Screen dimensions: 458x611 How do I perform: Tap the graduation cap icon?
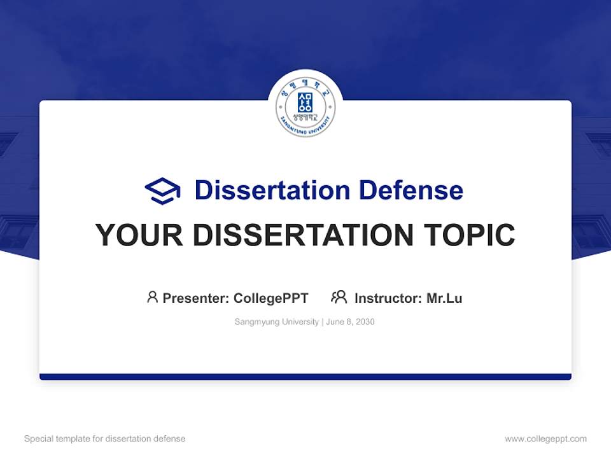(162, 191)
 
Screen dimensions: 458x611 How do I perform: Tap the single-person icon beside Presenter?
(152, 297)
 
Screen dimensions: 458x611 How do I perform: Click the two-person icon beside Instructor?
(339, 297)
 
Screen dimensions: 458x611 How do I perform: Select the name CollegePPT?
(271, 298)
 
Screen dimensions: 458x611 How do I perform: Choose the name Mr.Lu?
(444, 298)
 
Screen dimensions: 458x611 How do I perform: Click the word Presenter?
(196, 298)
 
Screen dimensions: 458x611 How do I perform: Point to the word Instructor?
(388, 298)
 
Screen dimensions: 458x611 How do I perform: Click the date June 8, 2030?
(351, 322)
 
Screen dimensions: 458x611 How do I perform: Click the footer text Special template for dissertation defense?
(105, 439)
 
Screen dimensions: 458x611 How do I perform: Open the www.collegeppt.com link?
(545, 439)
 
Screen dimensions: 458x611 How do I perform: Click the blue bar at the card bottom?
(305, 377)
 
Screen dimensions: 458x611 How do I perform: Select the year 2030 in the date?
(365, 322)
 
